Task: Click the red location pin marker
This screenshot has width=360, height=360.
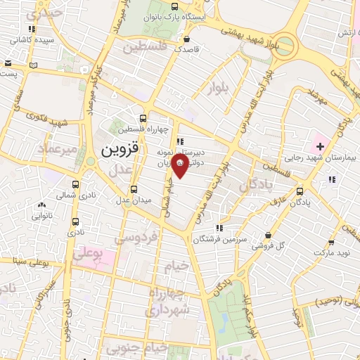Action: tap(181, 166)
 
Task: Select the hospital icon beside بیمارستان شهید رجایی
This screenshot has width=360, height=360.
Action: tap(320, 147)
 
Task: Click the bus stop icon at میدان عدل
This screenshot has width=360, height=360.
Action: tap(134, 189)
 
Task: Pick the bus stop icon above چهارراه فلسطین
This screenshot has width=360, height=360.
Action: tap(143, 119)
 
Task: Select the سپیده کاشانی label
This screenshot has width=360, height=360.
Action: tap(30, 41)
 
